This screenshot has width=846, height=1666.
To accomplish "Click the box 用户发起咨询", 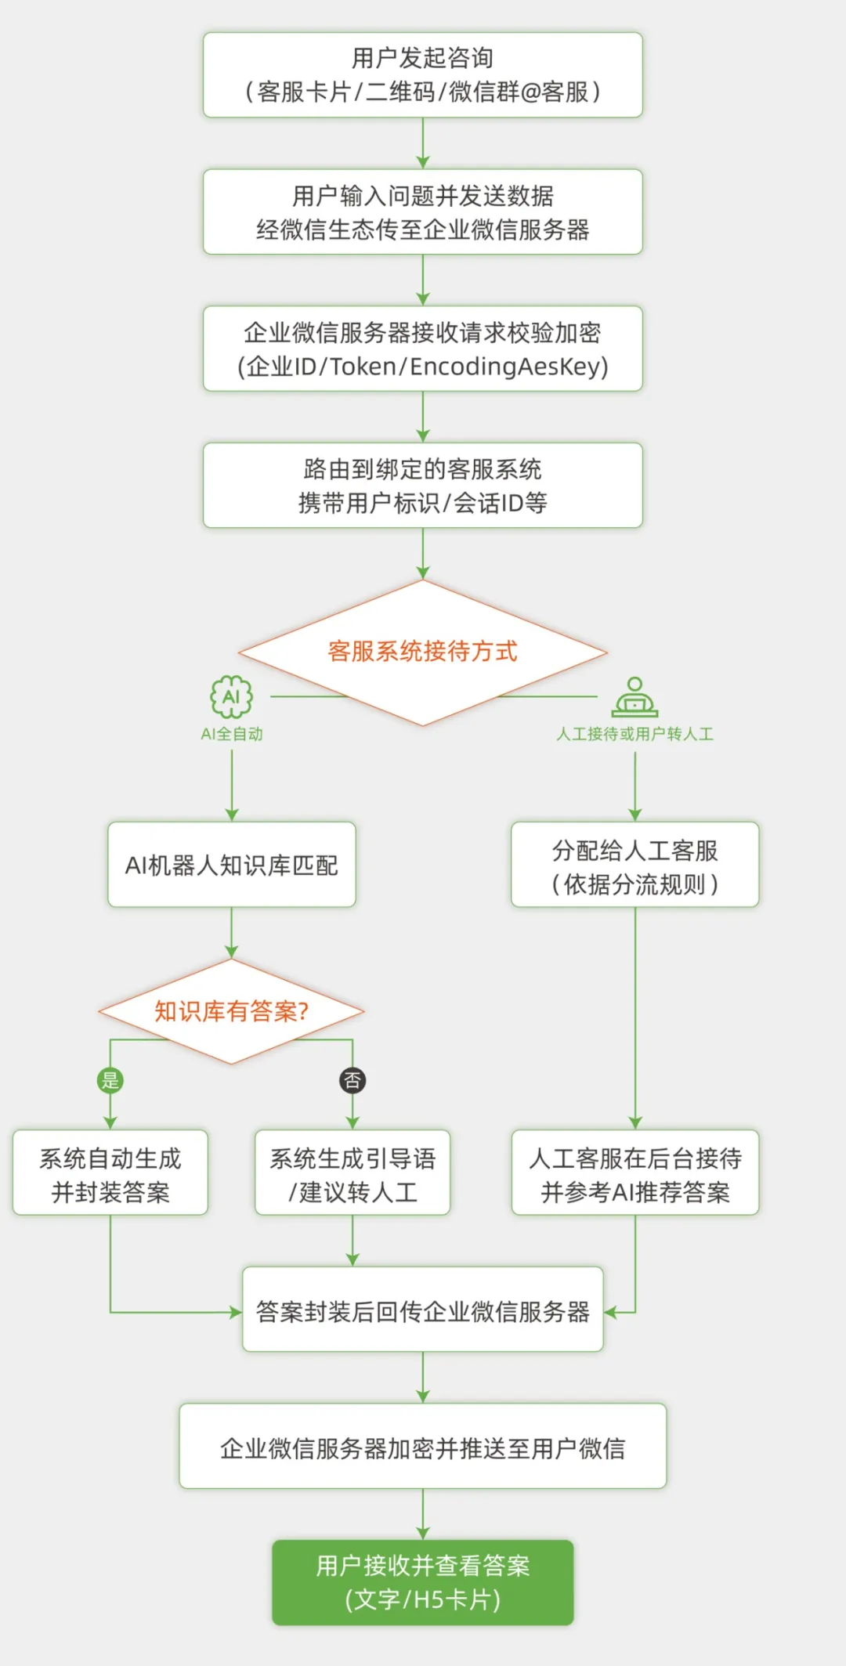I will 422,75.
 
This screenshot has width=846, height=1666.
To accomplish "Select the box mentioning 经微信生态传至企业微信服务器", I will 422,212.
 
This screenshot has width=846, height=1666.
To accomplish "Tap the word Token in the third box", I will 363,367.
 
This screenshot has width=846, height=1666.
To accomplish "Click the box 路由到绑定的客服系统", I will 422,486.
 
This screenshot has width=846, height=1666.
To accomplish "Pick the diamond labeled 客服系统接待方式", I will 422,652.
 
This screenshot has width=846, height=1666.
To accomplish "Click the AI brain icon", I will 232,696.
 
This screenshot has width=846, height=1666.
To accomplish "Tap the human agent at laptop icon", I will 634,697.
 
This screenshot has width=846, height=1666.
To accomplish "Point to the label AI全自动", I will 232,734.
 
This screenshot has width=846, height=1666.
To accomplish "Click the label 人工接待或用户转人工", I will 634,734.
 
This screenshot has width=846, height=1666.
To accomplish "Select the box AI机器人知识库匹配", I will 232,865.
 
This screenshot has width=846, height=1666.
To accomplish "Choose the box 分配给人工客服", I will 634,865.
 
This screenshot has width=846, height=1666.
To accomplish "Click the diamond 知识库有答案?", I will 232,1011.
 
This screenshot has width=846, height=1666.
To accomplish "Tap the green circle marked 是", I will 110,1081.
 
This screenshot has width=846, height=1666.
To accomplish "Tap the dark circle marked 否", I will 352,1081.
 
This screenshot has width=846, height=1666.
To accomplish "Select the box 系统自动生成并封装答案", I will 110,1173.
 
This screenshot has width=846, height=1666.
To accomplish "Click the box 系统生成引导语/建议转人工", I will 352,1173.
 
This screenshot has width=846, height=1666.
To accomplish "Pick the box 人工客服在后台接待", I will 634,1173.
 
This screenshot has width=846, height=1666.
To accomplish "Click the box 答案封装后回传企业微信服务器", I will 422,1310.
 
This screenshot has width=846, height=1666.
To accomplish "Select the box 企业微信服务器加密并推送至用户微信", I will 422,1447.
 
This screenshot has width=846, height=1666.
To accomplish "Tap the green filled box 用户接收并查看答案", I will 422,1582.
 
